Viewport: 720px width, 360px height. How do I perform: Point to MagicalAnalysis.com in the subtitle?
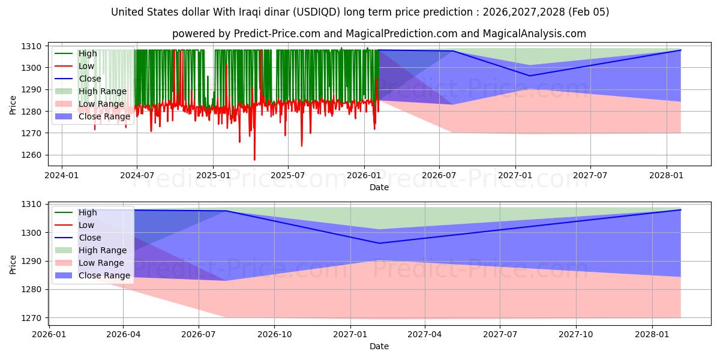coord(528,34)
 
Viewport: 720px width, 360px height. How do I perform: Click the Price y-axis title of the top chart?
coord(13,104)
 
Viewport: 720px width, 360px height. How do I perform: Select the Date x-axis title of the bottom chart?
coord(379,346)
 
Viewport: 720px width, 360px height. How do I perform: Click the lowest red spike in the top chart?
coord(254,160)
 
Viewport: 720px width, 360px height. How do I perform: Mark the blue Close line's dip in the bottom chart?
coord(379,243)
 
